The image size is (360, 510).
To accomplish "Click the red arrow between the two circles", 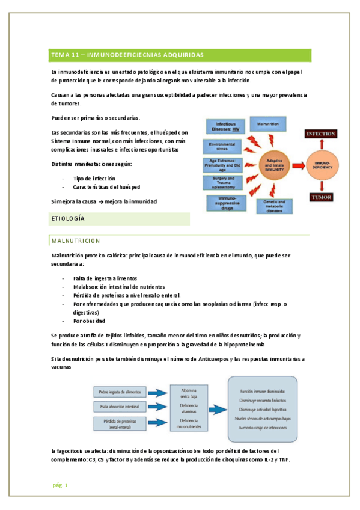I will tap(299, 164).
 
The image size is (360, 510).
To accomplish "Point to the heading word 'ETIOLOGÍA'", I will tap(68, 218).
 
